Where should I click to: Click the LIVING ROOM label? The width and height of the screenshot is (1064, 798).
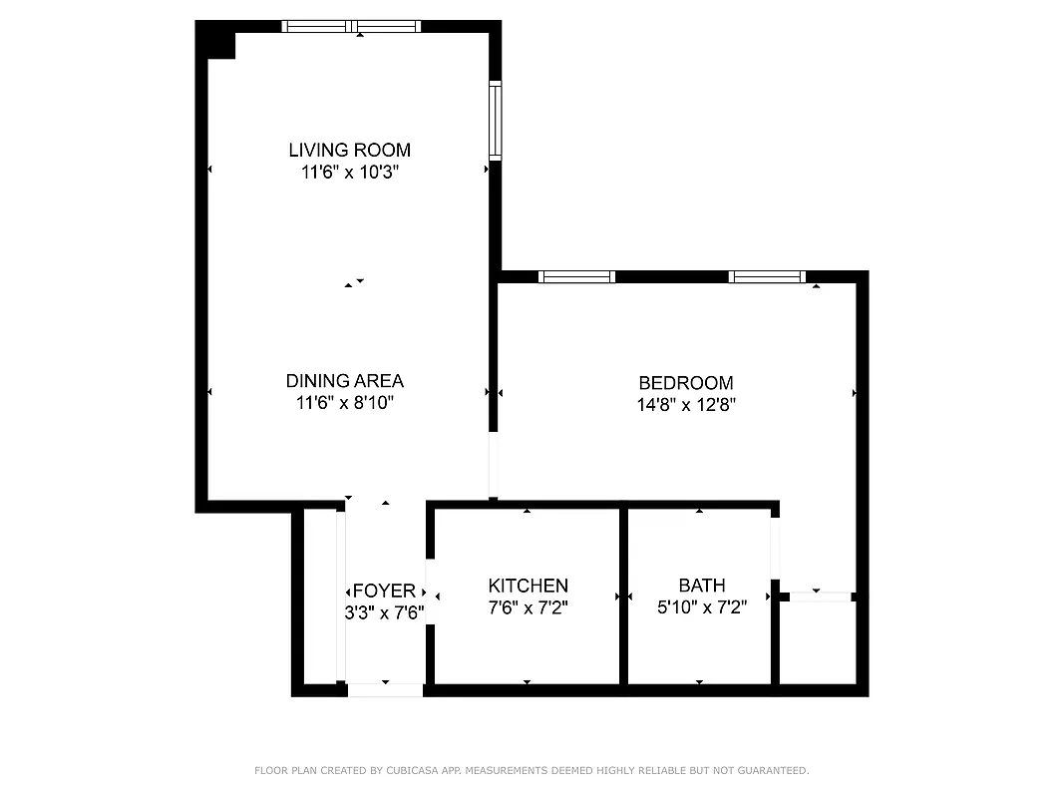349,151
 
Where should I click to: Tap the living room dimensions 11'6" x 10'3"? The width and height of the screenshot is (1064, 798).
349,173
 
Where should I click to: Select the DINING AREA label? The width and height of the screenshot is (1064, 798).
345,381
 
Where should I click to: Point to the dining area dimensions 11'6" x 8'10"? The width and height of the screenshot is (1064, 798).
345,403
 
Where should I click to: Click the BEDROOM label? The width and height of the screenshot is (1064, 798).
686,383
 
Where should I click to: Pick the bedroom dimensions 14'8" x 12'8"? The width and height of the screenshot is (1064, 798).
686,405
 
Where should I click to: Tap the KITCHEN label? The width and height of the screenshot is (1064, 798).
528,586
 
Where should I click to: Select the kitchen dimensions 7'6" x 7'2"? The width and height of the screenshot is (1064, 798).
528,606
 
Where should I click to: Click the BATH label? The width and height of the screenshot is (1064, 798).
702,586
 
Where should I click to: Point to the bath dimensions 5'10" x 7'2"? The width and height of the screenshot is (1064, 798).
702,606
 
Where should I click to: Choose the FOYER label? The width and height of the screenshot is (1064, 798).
384,592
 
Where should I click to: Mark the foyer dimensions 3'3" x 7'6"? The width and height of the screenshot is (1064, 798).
384,612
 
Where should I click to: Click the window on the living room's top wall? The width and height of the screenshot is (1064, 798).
352,27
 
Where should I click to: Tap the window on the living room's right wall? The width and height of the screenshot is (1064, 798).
495,122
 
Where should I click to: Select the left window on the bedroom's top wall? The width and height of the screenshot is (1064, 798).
576,277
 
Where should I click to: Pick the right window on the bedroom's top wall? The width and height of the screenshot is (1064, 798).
767,277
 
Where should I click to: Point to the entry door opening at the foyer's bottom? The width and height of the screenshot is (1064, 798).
385,689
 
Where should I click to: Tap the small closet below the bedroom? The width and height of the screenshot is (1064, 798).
817,642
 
